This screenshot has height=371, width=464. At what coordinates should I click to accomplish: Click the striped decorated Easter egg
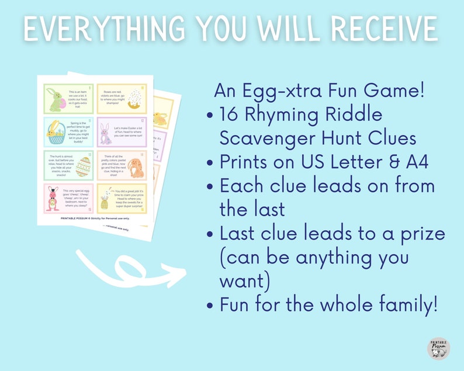tap(83, 167)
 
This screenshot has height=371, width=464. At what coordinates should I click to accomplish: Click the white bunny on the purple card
tap(106, 134)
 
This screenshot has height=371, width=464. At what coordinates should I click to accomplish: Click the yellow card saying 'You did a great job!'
tap(120, 199)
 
